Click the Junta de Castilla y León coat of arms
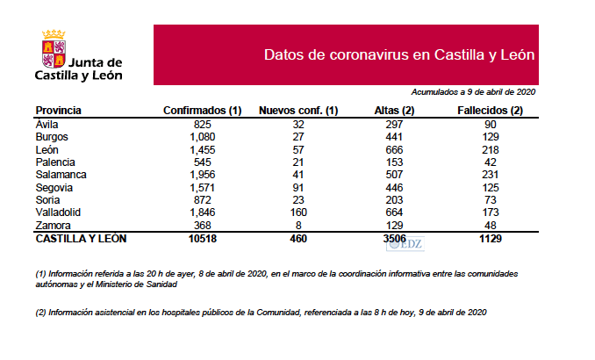53,49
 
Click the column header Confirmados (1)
203,111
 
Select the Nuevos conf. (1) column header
298,111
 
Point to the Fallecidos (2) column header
491,111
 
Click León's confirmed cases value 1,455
203,149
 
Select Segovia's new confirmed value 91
298,187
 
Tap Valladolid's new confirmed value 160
298,212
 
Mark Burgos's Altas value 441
393,136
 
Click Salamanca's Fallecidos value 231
491,175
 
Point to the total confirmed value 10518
203,239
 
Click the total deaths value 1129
491,239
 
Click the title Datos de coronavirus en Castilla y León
399,55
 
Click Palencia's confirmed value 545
203,162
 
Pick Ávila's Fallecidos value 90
491,124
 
